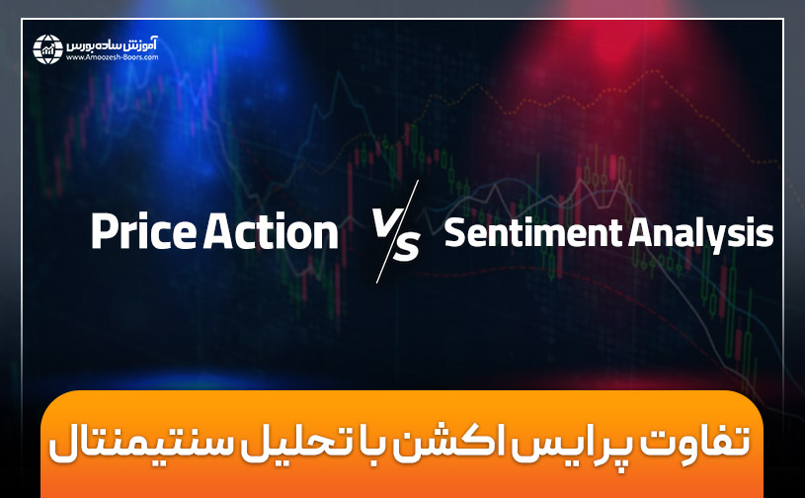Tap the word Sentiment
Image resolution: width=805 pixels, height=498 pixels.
tap(531, 234)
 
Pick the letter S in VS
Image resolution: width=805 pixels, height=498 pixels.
tap(405, 245)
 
